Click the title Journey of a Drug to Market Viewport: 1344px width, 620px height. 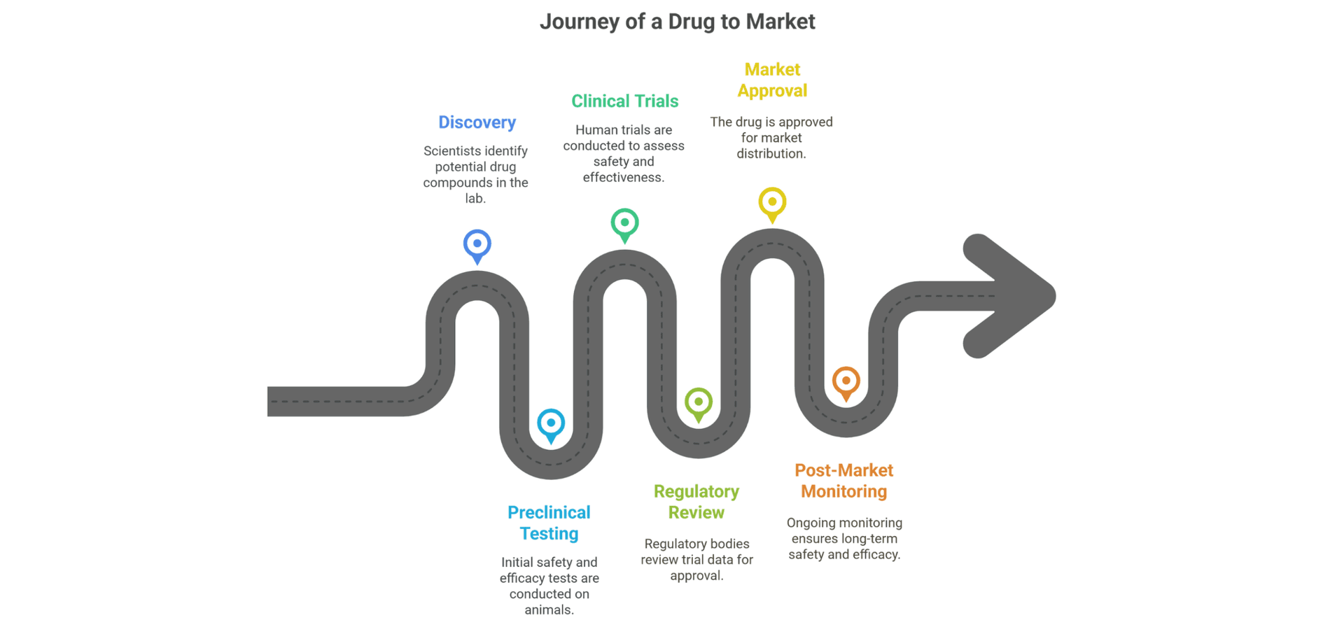pyautogui.click(x=677, y=22)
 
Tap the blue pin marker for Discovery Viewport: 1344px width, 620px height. pyautogui.click(x=477, y=246)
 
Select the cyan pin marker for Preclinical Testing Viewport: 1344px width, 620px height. pyautogui.click(x=551, y=425)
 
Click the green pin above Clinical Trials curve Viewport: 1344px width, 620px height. pyautogui.click(x=624, y=225)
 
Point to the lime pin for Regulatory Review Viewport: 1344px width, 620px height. pyautogui.click(x=699, y=404)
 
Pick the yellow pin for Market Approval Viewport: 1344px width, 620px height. pyautogui.click(x=772, y=204)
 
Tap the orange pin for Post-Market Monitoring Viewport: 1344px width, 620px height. pyautogui.click(x=846, y=383)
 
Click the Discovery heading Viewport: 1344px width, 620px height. pyautogui.click(x=477, y=122)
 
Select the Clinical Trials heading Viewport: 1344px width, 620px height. pyautogui.click(x=624, y=101)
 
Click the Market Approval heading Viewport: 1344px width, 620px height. pyautogui.click(x=772, y=80)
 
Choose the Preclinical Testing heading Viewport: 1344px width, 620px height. pyautogui.click(x=549, y=523)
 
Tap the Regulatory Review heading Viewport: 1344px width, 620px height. pyautogui.click(x=696, y=502)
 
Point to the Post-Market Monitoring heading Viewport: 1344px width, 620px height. pyautogui.click(x=844, y=481)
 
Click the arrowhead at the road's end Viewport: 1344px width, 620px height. pyautogui.click(x=1015, y=296)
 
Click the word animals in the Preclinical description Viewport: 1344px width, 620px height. pyautogui.click(x=549, y=610)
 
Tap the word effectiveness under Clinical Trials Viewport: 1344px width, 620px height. pyautogui.click(x=624, y=178)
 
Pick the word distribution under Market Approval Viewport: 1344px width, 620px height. pyautogui.click(x=771, y=154)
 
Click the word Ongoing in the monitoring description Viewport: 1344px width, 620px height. pyautogui.click(x=811, y=523)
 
